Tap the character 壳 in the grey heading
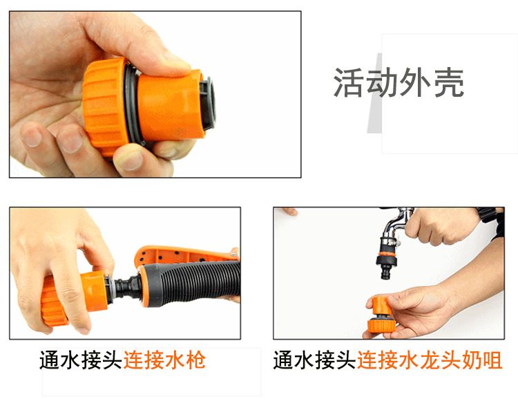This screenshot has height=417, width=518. coord(449,82)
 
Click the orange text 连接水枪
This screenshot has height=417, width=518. coord(164,360)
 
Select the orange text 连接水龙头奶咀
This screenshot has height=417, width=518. coord(430,360)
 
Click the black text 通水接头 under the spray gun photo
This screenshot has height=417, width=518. coord(81,360)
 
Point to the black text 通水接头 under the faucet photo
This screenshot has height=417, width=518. coord(315,360)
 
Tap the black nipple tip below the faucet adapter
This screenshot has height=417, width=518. coord(385,272)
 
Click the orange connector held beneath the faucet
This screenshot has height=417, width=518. coord(381,315)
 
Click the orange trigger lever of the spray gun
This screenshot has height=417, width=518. coord(185,254)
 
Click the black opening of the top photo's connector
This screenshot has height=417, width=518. coord(208,103)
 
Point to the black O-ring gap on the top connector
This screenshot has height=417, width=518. coord(132,104)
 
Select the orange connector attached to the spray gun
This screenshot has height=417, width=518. coord(75,297)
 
